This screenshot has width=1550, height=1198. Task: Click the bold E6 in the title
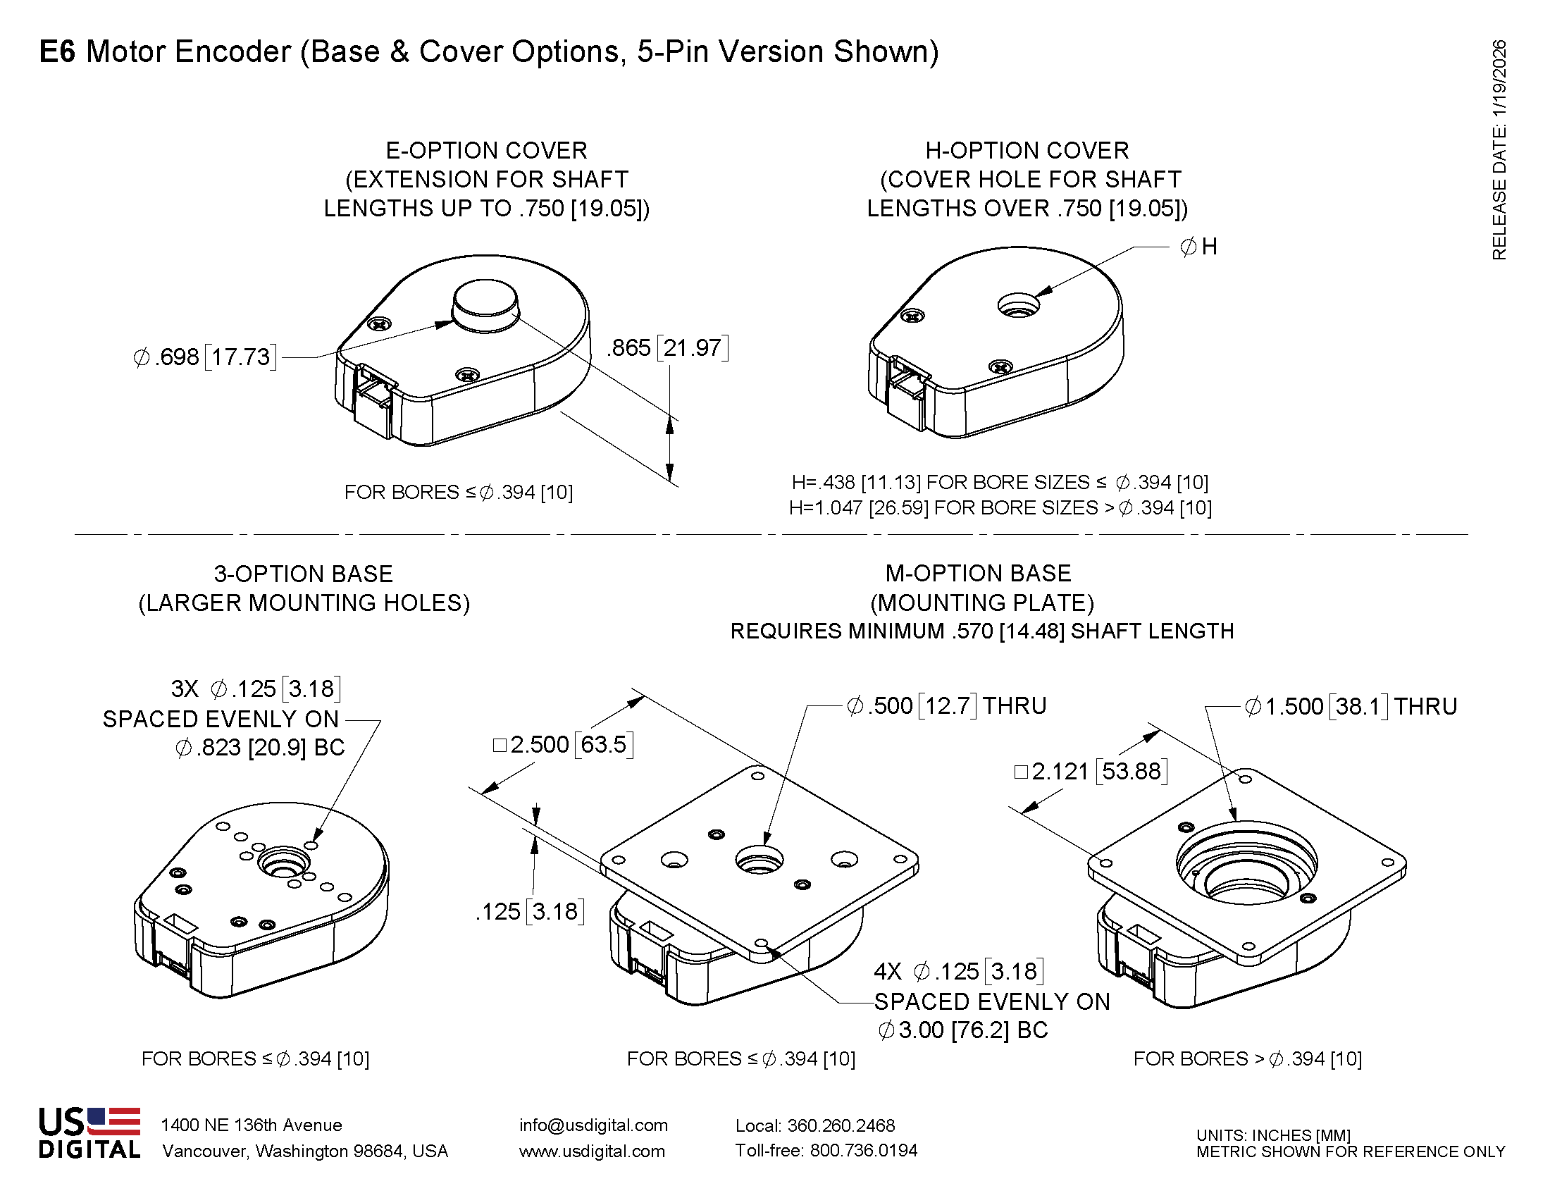57,53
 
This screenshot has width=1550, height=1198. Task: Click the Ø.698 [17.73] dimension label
204,357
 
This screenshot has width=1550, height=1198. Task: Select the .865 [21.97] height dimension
667,347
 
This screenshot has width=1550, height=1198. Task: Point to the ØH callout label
1198,247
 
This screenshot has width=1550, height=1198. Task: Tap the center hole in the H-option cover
1019,307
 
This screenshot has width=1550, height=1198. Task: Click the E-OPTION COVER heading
486,151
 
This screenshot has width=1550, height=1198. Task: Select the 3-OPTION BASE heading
303,574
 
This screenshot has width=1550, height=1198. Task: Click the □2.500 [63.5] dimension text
563,744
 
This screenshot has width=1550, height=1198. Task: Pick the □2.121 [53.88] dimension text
1091,771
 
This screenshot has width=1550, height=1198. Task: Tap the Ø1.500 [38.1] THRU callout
1351,706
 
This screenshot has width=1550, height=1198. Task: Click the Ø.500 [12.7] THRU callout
946,705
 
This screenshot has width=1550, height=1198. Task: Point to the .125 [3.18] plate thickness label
529,911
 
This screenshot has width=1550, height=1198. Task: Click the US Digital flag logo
113,1122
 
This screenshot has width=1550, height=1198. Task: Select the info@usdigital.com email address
593,1125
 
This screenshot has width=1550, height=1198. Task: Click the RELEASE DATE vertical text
1499,149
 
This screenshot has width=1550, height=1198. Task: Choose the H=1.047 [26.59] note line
1000,508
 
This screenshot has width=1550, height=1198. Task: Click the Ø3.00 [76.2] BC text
962,1030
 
